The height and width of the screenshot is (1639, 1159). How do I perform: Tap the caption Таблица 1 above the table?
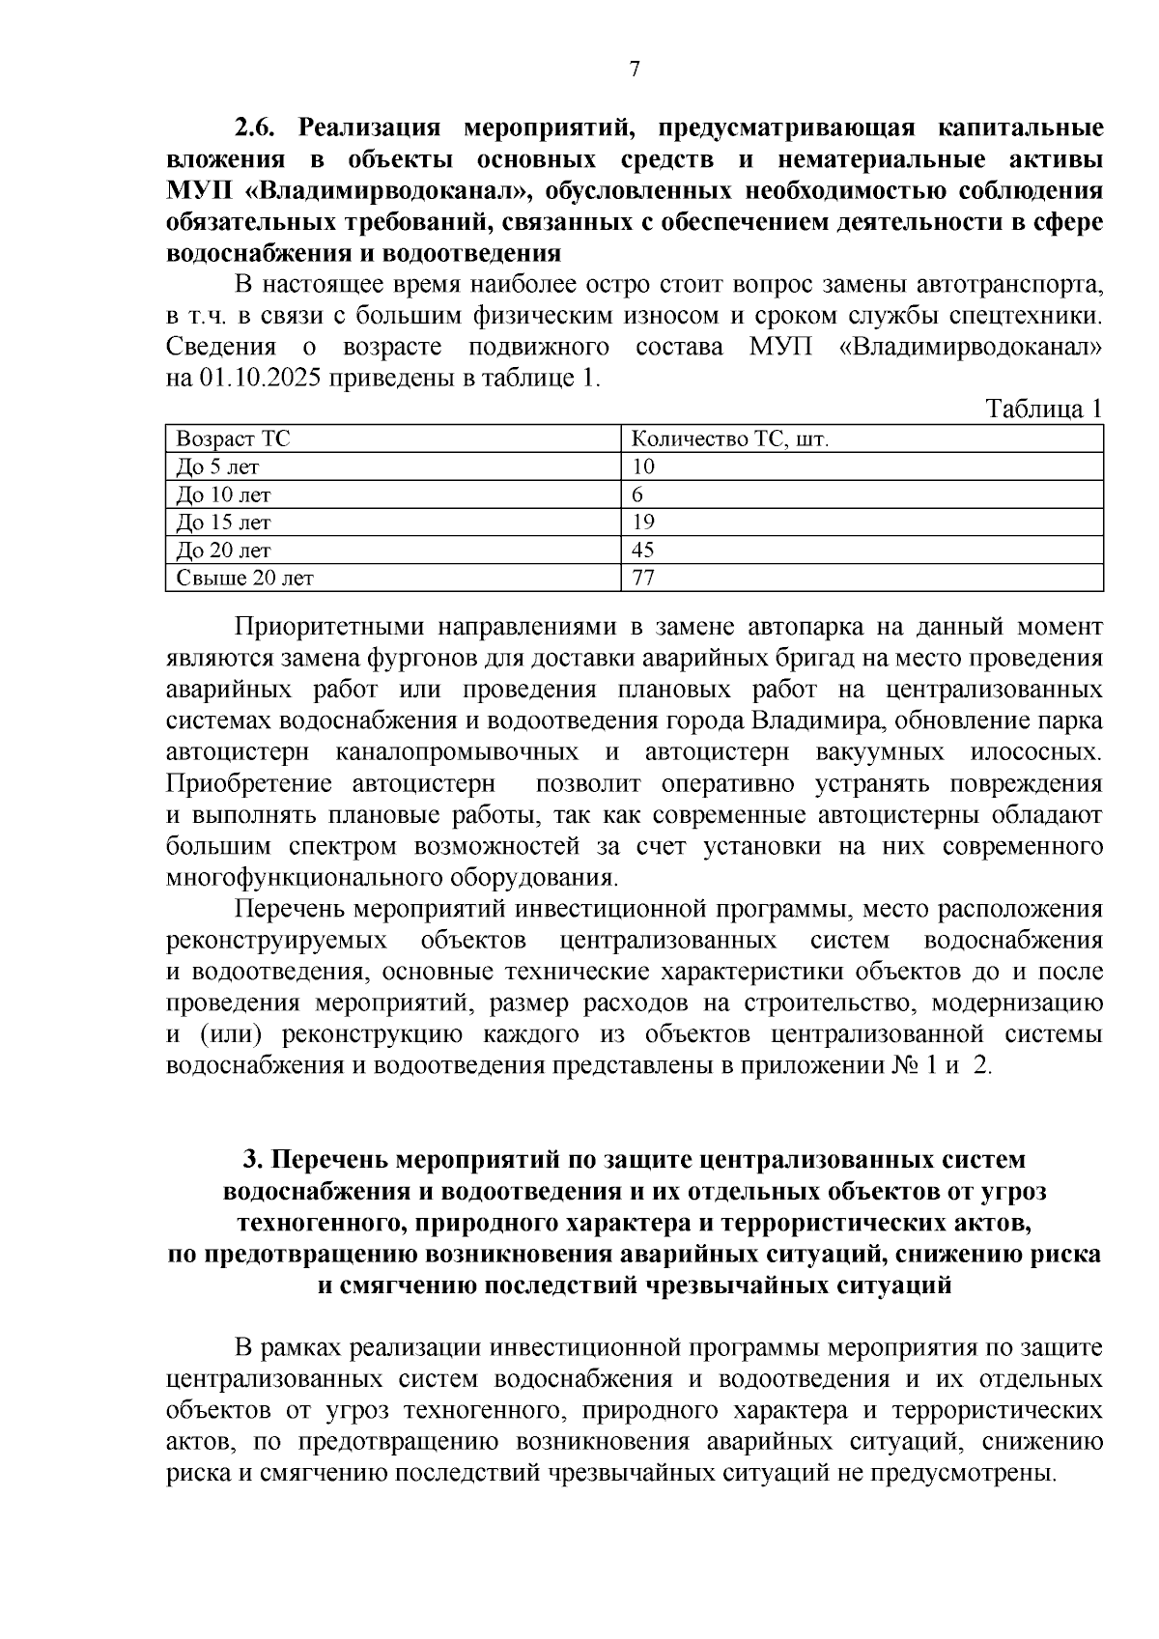coord(1044,409)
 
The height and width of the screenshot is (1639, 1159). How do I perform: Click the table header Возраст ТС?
coord(233,439)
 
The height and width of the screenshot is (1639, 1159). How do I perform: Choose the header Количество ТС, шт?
coord(730,439)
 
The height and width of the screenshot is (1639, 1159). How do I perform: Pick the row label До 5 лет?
coord(217,467)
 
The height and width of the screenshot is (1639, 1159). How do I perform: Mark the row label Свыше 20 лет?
coord(244,579)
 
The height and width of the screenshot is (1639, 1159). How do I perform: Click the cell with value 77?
coord(643,579)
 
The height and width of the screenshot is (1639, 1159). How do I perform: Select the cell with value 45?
coord(643,551)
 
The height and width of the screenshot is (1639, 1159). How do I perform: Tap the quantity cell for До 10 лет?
coord(638,495)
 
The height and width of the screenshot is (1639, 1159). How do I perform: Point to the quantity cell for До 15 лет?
coord(643,523)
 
